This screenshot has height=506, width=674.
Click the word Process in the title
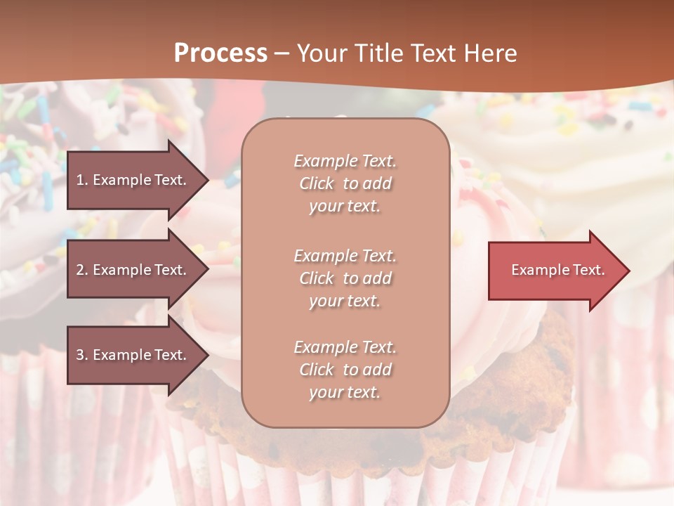point(220,53)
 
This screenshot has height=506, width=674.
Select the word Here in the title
point(490,53)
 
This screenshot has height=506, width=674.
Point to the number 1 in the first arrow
point(80,180)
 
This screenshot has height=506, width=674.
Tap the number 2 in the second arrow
point(80,270)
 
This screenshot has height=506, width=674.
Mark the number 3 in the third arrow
point(80,355)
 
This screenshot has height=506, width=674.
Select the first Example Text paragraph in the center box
point(345,183)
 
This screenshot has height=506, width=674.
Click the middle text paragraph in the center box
point(345,278)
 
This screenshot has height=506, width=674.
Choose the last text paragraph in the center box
point(345,370)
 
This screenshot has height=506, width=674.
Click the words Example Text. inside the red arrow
point(557,270)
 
